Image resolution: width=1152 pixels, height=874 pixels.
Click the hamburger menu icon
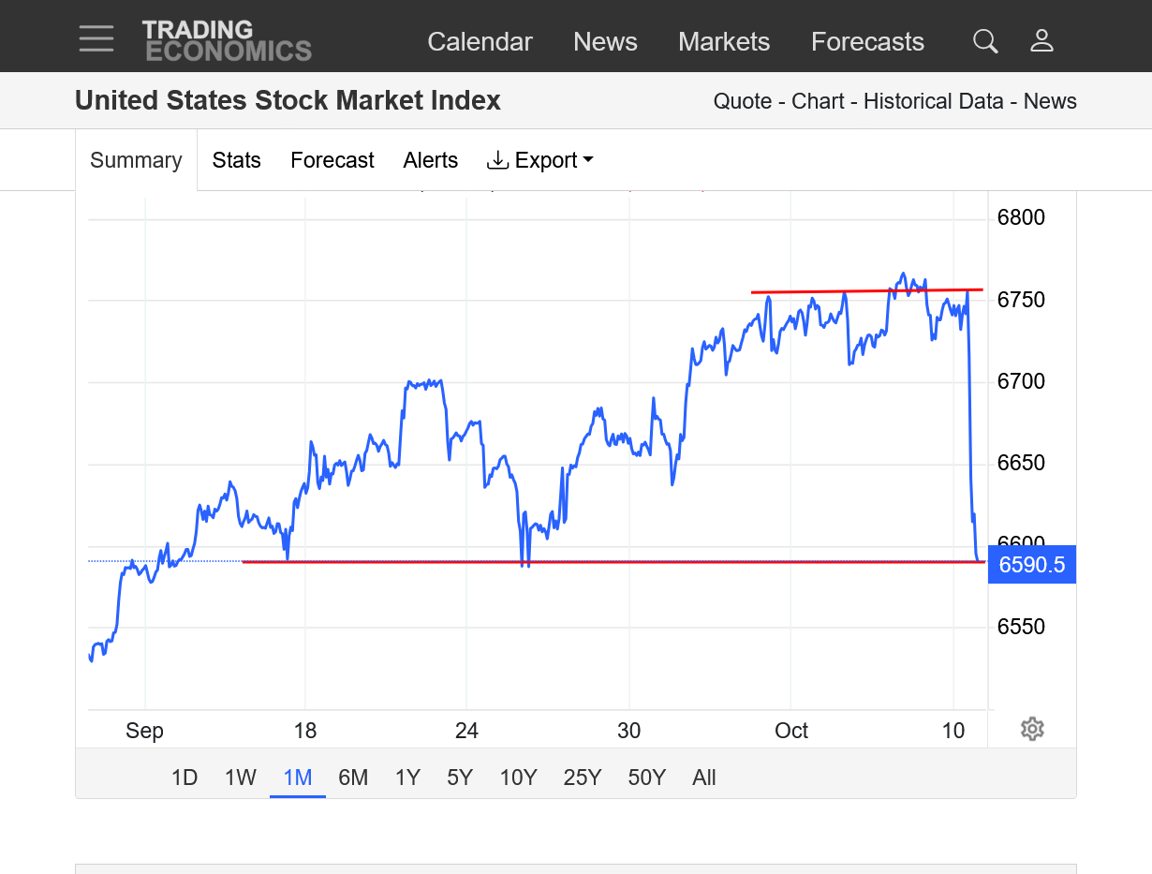point(96,38)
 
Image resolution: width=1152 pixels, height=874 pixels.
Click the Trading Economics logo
point(226,41)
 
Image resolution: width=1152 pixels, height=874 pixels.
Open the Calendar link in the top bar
point(480,42)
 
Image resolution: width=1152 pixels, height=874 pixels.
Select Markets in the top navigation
point(724,42)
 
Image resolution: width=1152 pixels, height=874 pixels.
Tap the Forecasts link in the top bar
point(867,42)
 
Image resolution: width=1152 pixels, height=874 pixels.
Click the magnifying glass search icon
point(985,41)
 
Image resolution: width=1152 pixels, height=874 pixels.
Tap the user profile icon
point(1041,41)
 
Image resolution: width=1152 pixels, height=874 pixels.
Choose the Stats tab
point(236,160)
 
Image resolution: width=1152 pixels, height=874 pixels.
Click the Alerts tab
point(430,160)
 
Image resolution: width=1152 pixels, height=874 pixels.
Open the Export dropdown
point(540,160)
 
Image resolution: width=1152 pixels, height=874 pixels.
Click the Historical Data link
point(933,101)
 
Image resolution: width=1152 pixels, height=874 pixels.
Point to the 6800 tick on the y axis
point(1021,218)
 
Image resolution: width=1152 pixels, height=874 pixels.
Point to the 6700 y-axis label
point(1021,381)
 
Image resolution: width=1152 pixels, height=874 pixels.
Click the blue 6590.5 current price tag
point(1031,565)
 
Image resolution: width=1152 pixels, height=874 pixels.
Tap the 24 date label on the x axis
point(466,731)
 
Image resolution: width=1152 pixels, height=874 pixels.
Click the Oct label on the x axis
point(791,731)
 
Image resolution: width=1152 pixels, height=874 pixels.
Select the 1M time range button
point(297,778)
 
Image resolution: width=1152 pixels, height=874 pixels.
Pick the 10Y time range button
point(518,778)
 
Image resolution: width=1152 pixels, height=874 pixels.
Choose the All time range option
point(704,778)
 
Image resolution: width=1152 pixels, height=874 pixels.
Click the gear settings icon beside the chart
point(1032,729)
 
